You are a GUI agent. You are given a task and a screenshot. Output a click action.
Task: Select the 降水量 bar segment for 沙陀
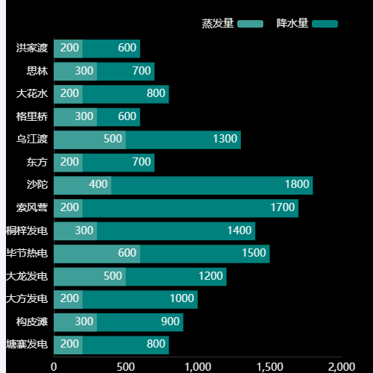(212, 185)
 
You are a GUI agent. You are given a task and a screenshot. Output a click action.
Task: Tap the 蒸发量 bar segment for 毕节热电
(97, 254)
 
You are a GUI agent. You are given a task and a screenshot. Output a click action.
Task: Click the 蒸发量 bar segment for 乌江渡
(90, 140)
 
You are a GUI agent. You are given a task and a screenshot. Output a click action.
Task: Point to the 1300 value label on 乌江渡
(225, 140)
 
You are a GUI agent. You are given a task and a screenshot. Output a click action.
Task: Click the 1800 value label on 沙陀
(297, 185)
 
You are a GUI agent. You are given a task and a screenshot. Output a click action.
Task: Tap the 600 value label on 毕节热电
(127, 254)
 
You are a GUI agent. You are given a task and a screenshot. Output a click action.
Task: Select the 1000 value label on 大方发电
(182, 299)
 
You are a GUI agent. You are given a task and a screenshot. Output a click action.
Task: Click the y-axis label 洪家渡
(32, 48)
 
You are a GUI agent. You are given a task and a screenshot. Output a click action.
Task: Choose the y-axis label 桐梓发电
(27, 231)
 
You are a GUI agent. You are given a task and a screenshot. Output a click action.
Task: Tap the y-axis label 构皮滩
(32, 322)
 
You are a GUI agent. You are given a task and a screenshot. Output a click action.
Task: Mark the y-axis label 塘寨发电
(27, 345)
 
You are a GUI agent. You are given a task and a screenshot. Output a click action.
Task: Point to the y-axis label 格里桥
(32, 117)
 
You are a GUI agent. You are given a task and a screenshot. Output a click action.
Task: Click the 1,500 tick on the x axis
(269, 367)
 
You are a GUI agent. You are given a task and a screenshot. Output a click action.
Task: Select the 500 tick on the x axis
(125, 367)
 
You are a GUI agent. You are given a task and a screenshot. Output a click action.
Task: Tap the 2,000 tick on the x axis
(341, 367)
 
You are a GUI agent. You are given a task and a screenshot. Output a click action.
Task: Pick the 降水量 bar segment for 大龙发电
(176, 277)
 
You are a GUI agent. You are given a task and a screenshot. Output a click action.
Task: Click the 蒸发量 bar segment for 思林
(75, 72)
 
